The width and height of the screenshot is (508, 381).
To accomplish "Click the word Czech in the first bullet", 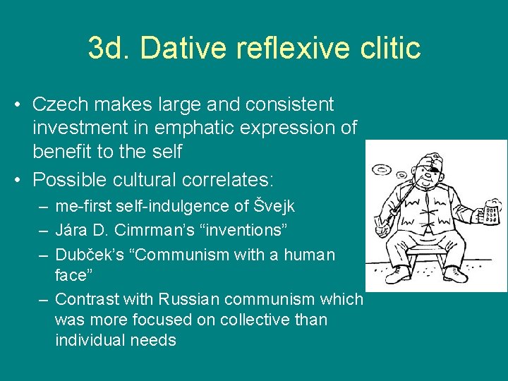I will pyautogui.click(x=59, y=104).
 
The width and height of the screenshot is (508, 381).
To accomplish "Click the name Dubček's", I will pyautogui.click(x=89, y=254).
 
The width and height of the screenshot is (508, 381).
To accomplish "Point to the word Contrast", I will pyautogui.click(x=89, y=299).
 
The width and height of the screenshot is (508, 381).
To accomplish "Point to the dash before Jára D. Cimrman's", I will pyautogui.click(x=44, y=230).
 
